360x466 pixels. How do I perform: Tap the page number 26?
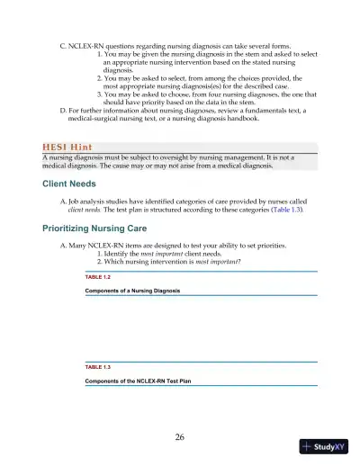pyautogui.click(x=180, y=436)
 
